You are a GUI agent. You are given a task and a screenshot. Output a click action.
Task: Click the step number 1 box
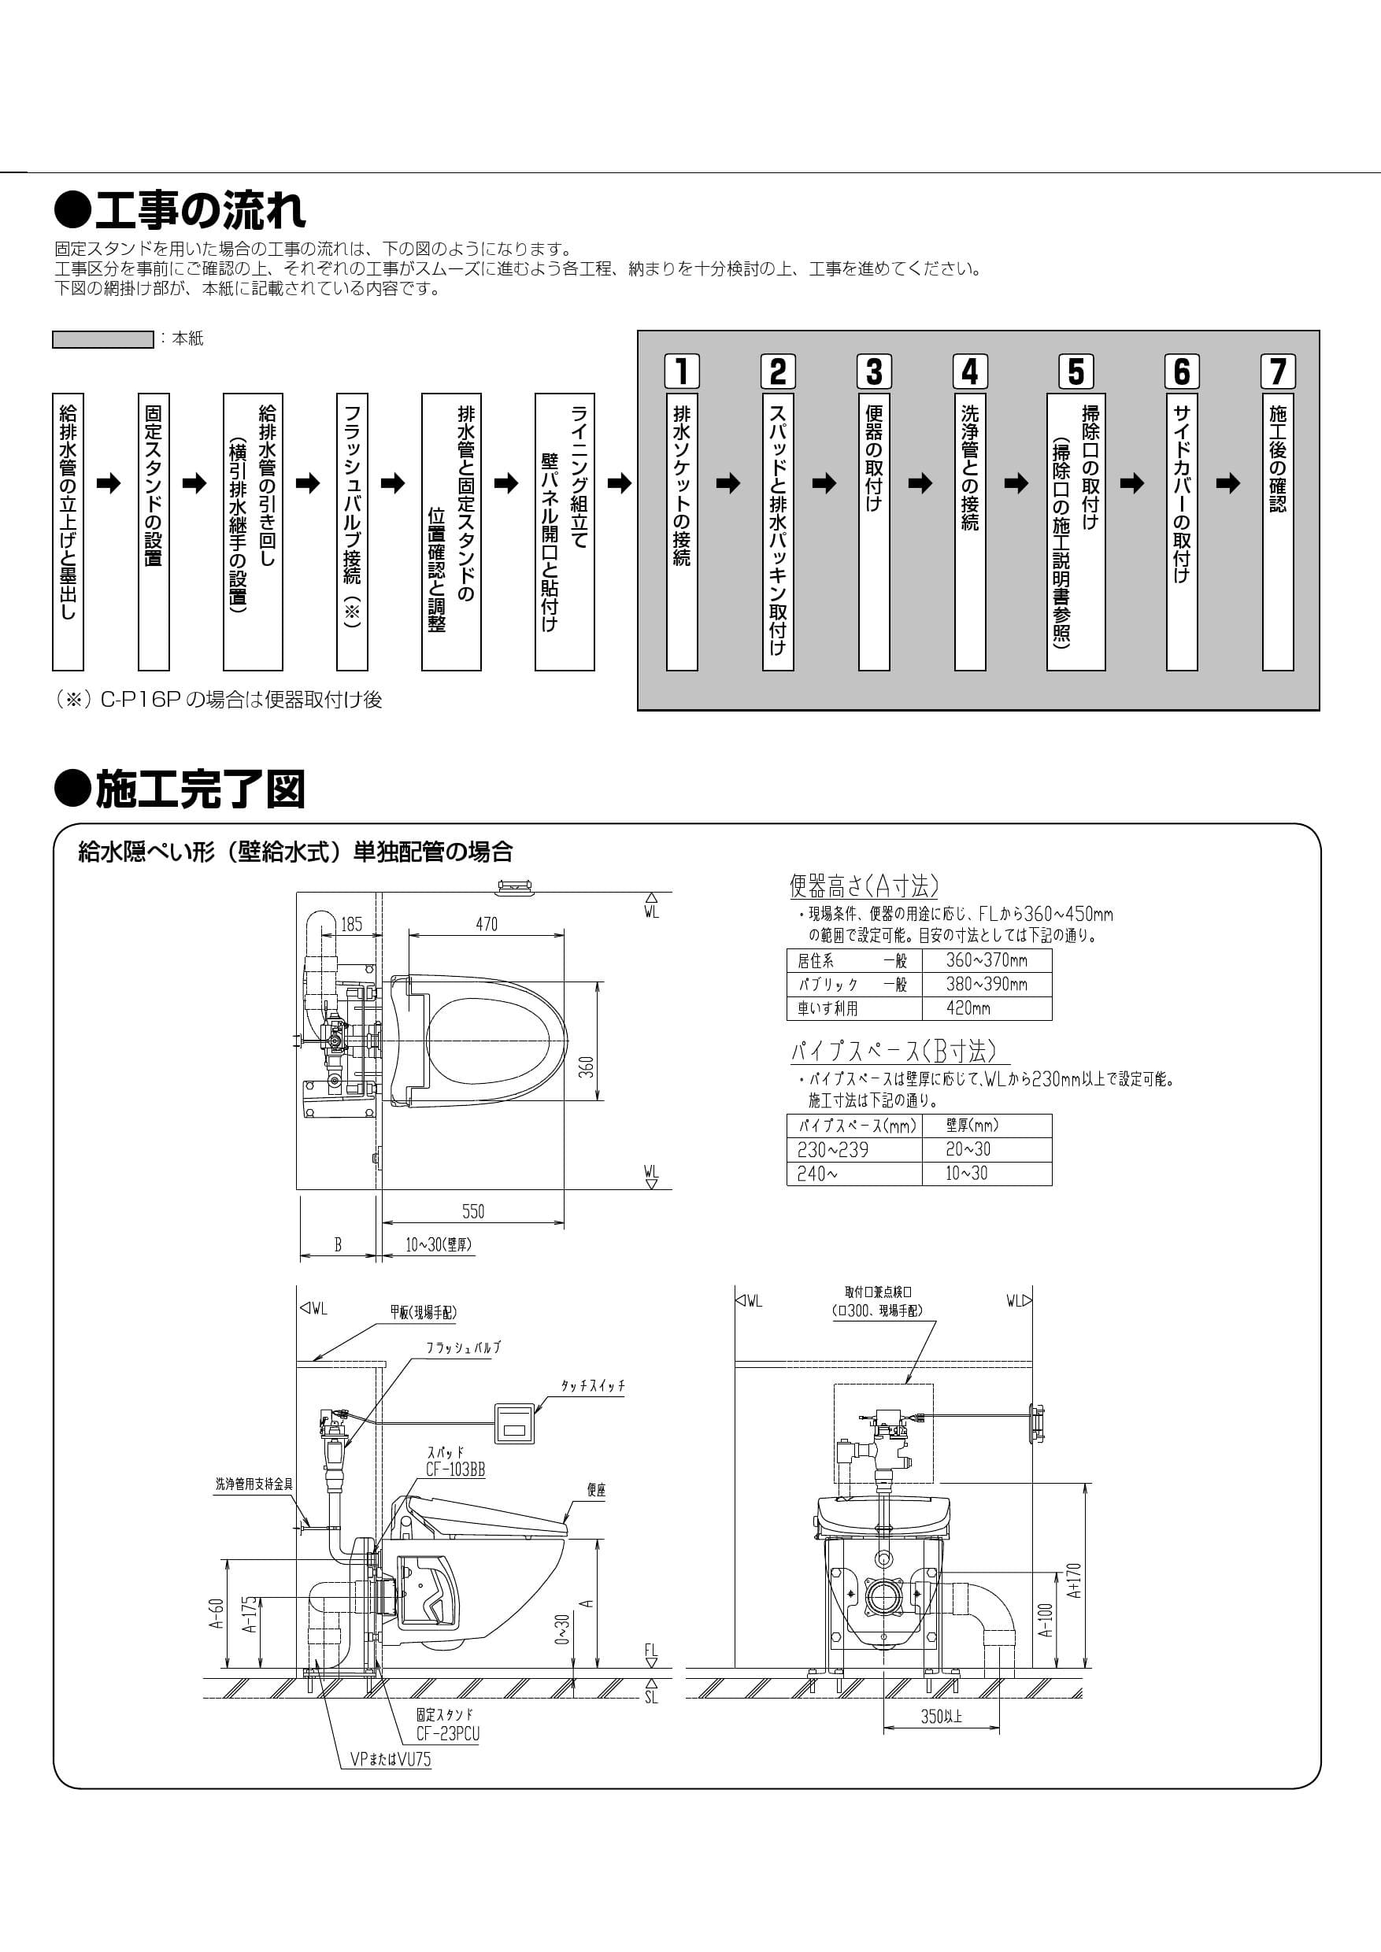pyautogui.click(x=682, y=372)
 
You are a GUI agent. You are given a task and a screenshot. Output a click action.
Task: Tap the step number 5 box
pyautogui.click(x=1076, y=372)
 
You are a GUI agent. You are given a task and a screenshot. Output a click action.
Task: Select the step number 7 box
pyautogui.click(x=1277, y=372)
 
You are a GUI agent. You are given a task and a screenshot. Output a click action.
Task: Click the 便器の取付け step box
pyautogui.click(x=874, y=531)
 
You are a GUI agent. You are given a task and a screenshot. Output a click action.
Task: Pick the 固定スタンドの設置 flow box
pyautogui.click(x=153, y=531)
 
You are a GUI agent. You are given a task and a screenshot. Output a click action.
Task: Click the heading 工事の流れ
pyautogui.click(x=180, y=210)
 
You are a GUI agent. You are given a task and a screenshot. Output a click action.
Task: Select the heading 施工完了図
pyautogui.click(x=180, y=789)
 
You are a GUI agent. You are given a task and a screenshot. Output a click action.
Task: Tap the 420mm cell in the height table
pyautogui.click(x=987, y=1008)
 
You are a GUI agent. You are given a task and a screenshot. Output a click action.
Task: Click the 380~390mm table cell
pyautogui.click(x=987, y=985)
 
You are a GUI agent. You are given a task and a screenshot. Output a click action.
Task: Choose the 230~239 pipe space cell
pyautogui.click(x=853, y=1149)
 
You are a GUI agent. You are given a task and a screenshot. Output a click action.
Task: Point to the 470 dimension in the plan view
pyautogui.click(x=487, y=924)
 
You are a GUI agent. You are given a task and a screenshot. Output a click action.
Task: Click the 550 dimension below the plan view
pyautogui.click(x=473, y=1211)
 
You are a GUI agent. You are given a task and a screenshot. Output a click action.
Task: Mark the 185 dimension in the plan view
pyautogui.click(x=351, y=924)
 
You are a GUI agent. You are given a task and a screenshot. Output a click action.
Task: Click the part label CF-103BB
pyautogui.click(x=456, y=1469)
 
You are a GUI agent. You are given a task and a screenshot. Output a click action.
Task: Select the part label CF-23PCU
pyautogui.click(x=447, y=1733)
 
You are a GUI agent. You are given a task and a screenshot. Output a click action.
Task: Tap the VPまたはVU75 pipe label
pyautogui.click(x=391, y=1760)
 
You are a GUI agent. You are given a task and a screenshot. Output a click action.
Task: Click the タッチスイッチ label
pyautogui.click(x=593, y=1386)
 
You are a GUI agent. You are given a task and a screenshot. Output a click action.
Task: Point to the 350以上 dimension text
pyautogui.click(x=942, y=1717)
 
